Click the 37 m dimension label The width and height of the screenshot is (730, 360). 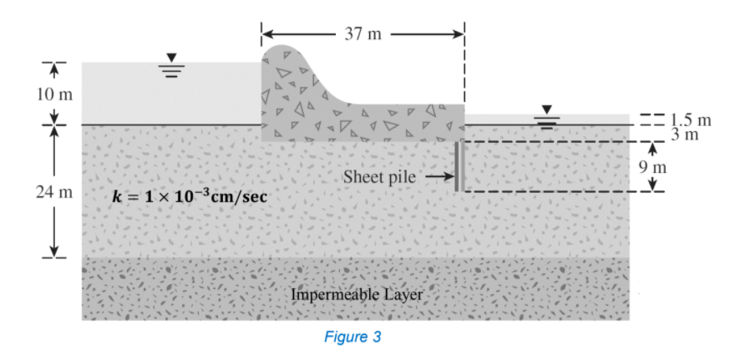[x=362, y=34]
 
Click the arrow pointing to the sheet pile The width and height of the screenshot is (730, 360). [x=439, y=177]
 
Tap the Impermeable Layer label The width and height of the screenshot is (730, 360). [x=357, y=294]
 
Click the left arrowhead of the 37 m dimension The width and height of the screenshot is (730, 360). [x=267, y=34]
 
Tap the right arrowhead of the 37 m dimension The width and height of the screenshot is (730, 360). [x=458, y=34]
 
